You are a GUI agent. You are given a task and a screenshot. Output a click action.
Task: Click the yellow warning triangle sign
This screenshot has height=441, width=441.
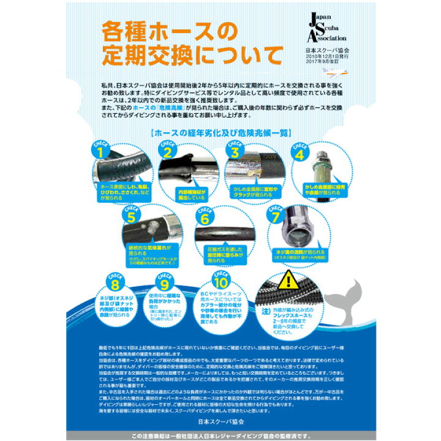pos(288,282)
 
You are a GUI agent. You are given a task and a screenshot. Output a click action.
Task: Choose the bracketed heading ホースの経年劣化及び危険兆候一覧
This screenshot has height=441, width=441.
pos(220,132)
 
